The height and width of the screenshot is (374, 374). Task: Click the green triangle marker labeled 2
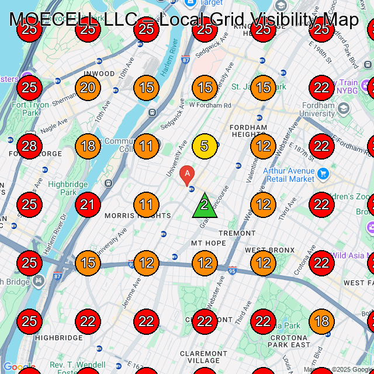click(205, 206)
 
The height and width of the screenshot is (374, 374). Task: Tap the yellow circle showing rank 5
click(205, 146)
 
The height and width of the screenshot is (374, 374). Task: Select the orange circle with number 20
click(88, 88)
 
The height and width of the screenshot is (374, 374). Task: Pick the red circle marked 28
click(29, 146)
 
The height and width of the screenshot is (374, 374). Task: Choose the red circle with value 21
click(88, 205)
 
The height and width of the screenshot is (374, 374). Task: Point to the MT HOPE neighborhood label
click(208, 243)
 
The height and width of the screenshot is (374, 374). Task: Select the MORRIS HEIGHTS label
click(138, 216)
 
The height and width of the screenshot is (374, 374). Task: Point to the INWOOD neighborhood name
click(99, 74)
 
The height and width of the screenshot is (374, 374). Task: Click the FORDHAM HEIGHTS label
click(248, 131)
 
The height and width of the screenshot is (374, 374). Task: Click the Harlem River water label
click(170, 52)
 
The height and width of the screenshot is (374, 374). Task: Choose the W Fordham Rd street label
click(210, 105)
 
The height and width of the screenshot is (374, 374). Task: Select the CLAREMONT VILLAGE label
click(203, 357)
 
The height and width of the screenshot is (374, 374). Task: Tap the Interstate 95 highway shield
click(233, 271)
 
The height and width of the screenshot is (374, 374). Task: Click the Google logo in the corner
click(19, 368)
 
